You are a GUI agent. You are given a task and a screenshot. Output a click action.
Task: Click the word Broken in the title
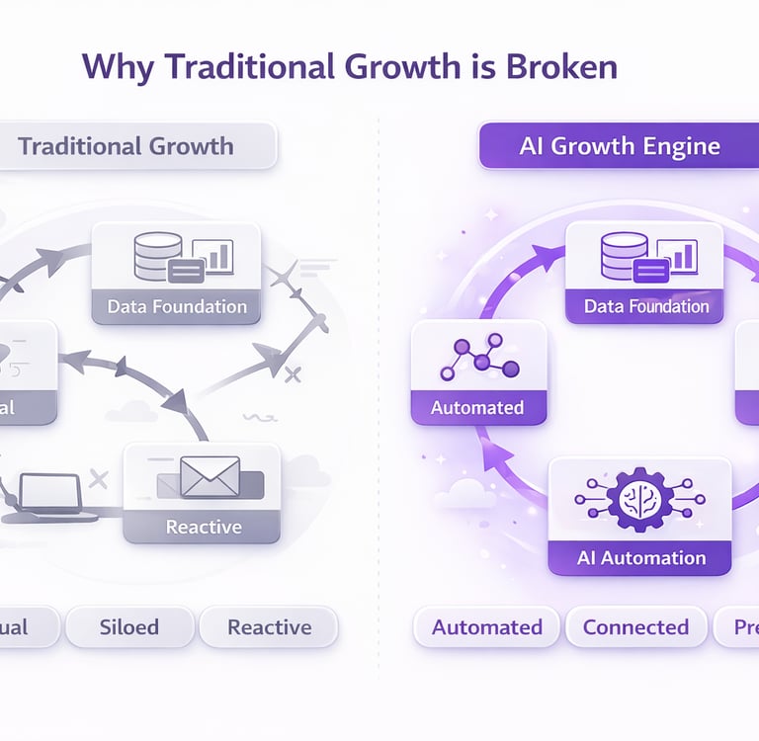tap(561, 65)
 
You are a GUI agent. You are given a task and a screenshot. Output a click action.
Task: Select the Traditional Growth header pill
tap(126, 146)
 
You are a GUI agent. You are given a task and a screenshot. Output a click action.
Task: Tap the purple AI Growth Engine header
tap(620, 147)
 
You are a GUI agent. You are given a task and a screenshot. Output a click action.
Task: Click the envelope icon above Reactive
tap(210, 477)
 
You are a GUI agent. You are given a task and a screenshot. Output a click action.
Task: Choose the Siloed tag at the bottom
tap(129, 627)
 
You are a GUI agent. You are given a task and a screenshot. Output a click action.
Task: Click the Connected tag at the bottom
tap(635, 627)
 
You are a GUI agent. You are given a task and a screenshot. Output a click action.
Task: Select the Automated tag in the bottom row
tap(487, 627)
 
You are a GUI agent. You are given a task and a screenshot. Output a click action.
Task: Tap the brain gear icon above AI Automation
tap(640, 499)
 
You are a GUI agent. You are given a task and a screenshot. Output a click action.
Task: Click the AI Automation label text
tap(641, 558)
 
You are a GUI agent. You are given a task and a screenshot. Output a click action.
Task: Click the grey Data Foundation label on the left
tap(177, 306)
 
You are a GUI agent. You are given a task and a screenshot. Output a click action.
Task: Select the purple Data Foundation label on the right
tap(646, 306)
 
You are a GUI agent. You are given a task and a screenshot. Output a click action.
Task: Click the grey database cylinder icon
tap(158, 256)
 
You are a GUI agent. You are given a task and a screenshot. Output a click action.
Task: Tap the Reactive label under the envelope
tap(204, 527)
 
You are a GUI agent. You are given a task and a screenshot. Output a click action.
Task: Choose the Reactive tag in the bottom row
tap(269, 627)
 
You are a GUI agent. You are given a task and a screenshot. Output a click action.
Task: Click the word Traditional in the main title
tap(239, 65)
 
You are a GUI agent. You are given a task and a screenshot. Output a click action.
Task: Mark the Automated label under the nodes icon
tap(477, 407)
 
